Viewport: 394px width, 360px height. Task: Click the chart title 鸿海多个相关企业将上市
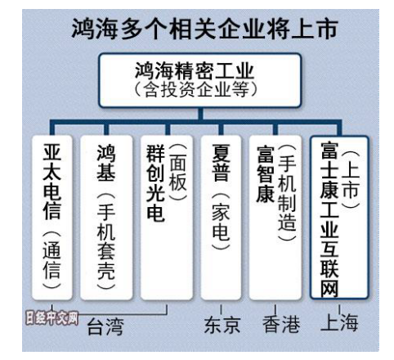[204, 29]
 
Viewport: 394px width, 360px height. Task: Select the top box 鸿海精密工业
[199, 80]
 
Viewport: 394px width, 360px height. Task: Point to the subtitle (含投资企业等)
[196, 89]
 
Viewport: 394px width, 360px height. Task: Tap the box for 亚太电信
[52, 218]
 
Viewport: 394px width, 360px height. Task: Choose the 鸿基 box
[106, 218]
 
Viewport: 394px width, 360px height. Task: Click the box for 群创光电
[167, 218]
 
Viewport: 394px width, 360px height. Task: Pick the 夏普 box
[221, 218]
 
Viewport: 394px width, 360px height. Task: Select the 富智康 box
[275, 218]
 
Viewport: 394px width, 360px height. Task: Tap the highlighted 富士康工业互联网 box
[339, 217]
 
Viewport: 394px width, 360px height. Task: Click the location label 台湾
[105, 326]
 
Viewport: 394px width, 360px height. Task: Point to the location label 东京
[222, 325]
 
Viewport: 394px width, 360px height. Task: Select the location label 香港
[281, 324]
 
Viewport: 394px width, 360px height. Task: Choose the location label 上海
[339, 322]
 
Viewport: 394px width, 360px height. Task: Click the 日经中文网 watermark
[52, 318]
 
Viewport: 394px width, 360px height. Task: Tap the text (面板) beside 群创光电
[178, 173]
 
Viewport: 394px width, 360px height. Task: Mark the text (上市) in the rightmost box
[350, 179]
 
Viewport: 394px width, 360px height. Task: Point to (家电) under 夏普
[221, 221]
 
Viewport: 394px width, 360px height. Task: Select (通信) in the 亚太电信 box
[51, 259]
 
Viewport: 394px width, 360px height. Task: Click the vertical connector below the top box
[200, 114]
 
